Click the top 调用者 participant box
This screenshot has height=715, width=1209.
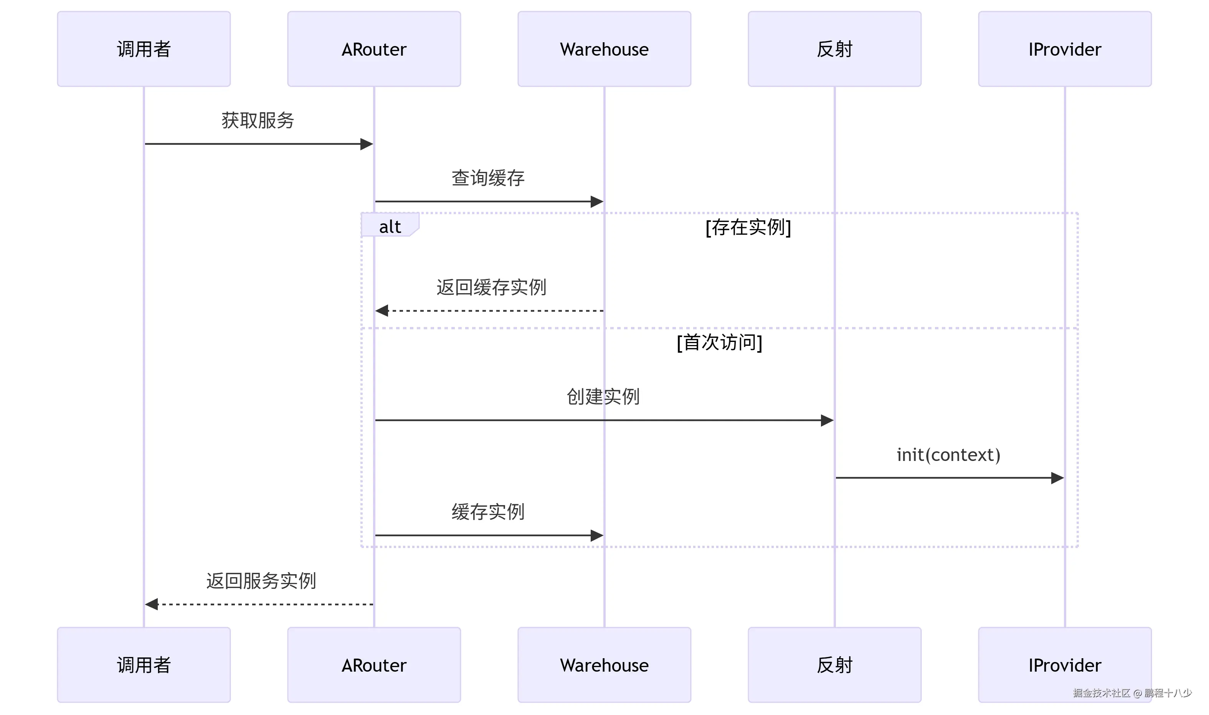point(144,49)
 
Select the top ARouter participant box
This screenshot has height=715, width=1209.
point(374,49)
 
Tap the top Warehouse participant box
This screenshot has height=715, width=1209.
point(604,49)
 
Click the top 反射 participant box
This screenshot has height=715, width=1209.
point(834,49)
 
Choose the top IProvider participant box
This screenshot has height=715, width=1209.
point(1065,49)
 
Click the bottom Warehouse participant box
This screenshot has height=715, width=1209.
point(604,665)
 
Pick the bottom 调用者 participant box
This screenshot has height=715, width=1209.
point(144,665)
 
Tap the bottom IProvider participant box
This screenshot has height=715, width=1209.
point(1065,665)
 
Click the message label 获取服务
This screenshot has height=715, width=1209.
point(258,121)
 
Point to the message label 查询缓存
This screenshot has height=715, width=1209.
point(487,178)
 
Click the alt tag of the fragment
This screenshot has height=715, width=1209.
point(390,226)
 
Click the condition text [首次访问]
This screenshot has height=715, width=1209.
point(719,343)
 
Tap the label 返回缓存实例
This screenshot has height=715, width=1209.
point(491,287)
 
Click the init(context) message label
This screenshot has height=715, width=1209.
point(948,455)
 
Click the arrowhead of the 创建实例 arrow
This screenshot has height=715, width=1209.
point(827,421)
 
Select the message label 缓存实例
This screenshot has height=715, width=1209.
point(487,512)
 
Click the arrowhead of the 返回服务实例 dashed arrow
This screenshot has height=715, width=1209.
point(152,604)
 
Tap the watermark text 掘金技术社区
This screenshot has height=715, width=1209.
point(1101,693)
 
